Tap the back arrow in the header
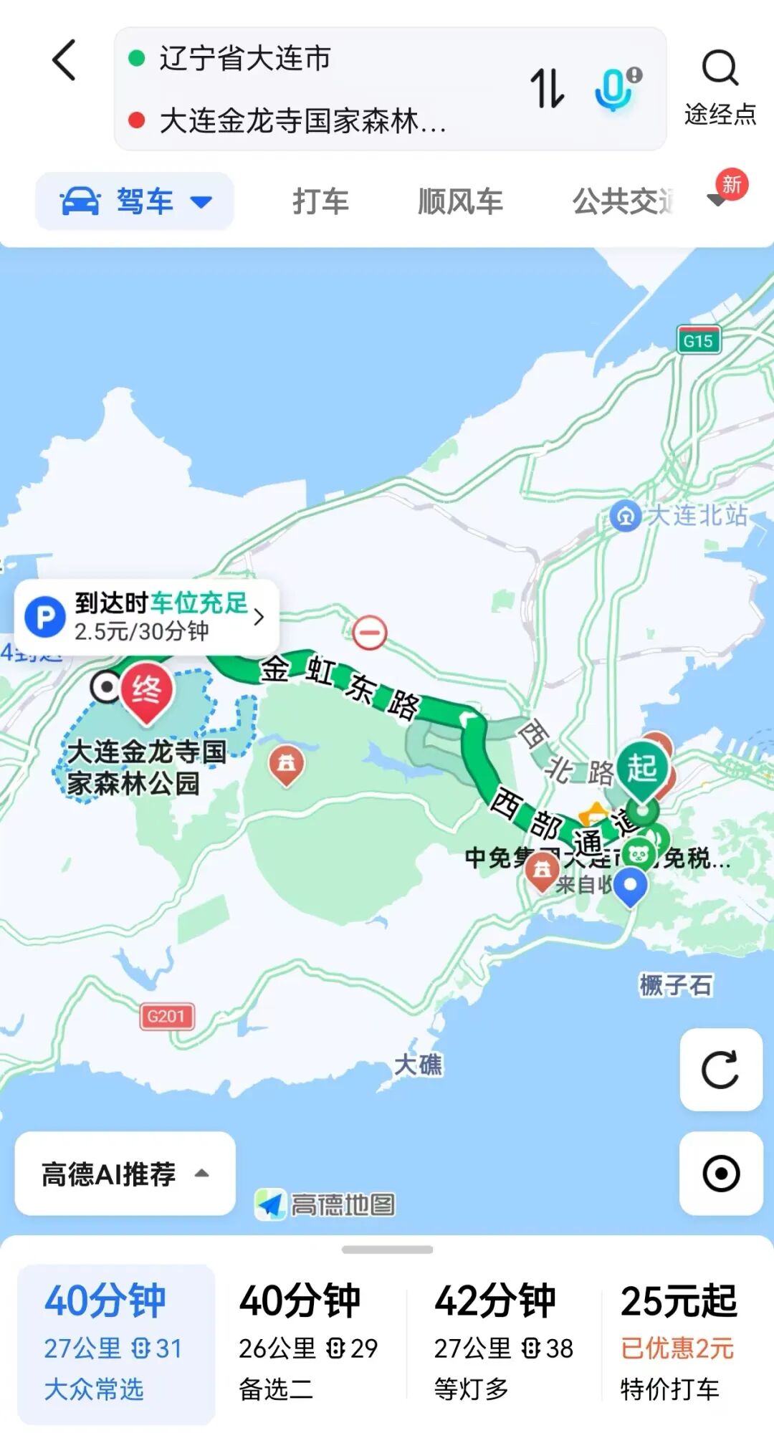pos(64,60)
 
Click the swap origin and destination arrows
pos(547,88)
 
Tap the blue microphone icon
pos(615,88)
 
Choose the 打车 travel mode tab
pos(320,201)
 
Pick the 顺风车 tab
pos(460,201)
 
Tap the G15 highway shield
pos(698,340)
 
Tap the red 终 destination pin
pos(146,691)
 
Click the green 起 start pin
pos(641,770)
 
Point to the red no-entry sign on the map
pos(370,633)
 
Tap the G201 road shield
pos(166,1016)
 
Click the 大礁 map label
pos(419,1065)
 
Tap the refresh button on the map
pos(720,1070)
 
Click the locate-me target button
pos(720,1174)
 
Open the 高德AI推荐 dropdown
pos(125,1174)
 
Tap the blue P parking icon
pos(45,617)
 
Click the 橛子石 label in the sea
pos(676,985)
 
